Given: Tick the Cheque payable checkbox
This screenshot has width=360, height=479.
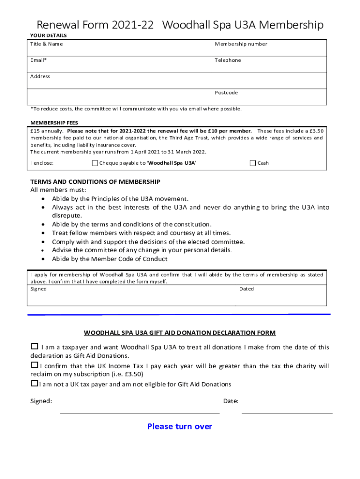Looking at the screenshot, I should click(x=95, y=163).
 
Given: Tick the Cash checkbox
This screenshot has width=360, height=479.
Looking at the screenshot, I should click(x=253, y=163).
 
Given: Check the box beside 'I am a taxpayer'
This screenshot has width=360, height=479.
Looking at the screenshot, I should click(x=34, y=347).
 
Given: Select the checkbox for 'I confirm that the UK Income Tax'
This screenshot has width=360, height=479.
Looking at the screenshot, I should click(x=34, y=365).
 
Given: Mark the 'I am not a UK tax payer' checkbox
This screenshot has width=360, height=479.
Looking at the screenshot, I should click(x=34, y=384).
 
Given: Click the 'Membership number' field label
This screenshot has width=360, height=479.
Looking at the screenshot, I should click(x=241, y=44).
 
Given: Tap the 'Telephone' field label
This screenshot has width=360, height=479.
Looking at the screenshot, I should click(x=228, y=60).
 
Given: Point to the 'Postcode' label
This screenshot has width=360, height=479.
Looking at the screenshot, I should click(x=226, y=93).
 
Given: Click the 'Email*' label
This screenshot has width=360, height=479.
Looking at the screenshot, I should click(x=38, y=60).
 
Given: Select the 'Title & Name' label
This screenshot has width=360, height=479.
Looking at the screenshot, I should click(x=46, y=44).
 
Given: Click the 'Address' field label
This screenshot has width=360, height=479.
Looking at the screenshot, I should click(x=40, y=76).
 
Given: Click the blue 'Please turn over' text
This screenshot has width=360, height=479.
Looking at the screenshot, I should click(x=180, y=426).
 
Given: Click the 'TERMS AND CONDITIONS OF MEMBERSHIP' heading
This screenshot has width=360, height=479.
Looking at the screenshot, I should click(x=95, y=181).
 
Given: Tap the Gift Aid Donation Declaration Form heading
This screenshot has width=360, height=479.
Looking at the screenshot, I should click(x=180, y=333).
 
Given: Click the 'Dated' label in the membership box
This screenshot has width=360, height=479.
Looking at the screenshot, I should click(x=246, y=289).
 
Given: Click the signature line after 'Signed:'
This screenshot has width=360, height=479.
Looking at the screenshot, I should click(x=139, y=413).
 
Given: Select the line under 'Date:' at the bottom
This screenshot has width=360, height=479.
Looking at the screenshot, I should click(x=287, y=413).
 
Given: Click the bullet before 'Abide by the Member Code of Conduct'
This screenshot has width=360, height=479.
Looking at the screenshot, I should click(x=43, y=259).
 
